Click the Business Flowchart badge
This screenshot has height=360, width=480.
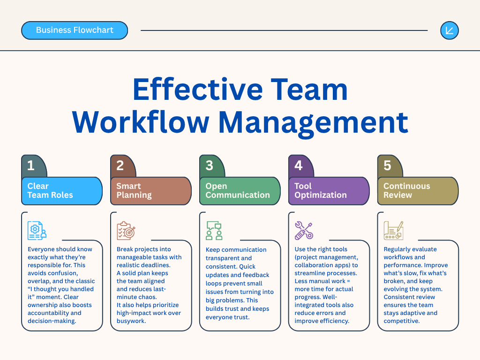(x=75, y=30)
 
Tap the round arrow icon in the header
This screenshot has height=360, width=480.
(x=450, y=30)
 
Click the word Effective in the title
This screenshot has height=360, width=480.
(x=198, y=89)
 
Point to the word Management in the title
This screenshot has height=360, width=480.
(x=313, y=123)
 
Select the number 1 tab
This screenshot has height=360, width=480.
(x=33, y=166)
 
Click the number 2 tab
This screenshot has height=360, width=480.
(x=122, y=166)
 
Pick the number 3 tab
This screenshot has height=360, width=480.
(x=211, y=166)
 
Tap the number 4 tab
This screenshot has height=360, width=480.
(x=300, y=166)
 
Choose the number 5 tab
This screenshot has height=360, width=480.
(x=390, y=166)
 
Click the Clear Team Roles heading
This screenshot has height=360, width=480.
(x=50, y=190)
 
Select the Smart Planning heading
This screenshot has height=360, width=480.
(x=134, y=190)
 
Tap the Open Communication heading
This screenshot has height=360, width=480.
(x=238, y=190)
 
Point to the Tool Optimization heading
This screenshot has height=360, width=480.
(x=321, y=190)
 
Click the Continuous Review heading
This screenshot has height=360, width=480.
(x=406, y=190)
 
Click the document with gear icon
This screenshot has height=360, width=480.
(x=37, y=231)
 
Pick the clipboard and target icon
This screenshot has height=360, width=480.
(x=126, y=231)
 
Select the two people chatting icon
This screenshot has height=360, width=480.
(x=214, y=231)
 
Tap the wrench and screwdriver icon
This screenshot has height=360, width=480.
(x=304, y=231)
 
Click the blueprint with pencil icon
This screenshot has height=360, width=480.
(x=393, y=231)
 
